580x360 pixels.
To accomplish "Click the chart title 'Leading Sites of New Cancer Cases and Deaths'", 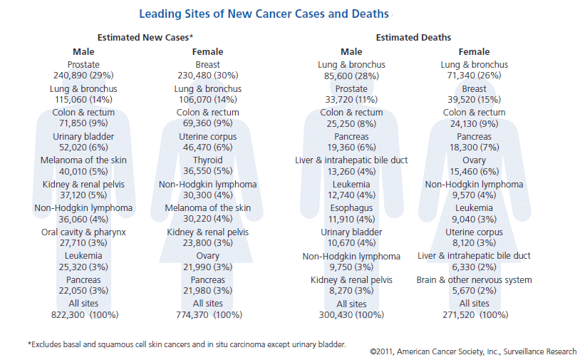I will [264, 14].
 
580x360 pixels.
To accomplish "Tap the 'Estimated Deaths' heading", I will [413, 37].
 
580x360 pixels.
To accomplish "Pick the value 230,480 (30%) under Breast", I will [208, 75].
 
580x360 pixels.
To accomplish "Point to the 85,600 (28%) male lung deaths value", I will [351, 75].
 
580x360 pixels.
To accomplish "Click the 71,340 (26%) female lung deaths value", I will [475, 75].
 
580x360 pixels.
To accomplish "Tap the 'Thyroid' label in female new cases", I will [208, 160].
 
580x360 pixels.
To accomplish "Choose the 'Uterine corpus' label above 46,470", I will [208, 136].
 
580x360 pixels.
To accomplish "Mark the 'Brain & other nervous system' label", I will [475, 280].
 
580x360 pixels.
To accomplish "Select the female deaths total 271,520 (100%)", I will [475, 314].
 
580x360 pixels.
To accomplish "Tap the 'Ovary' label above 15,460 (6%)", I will [475, 160].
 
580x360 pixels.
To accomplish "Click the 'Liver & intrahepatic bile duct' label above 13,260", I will [351, 160].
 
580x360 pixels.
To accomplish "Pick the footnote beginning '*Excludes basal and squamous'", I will [187, 345].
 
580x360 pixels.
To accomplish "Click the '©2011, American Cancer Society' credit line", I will [474, 351].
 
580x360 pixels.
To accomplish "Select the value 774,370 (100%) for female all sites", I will [209, 314].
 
